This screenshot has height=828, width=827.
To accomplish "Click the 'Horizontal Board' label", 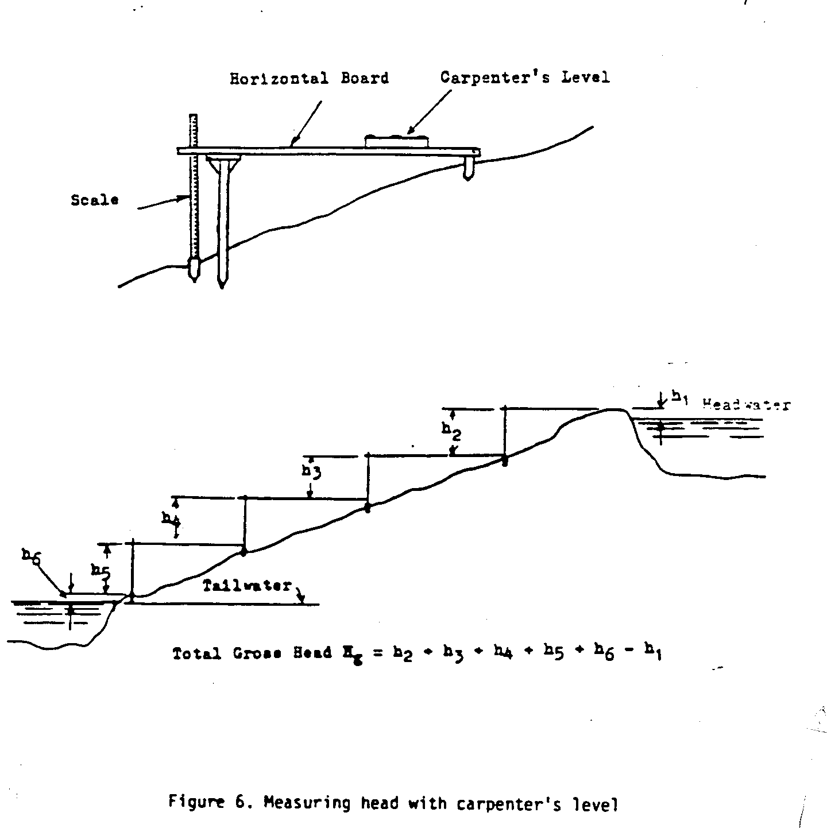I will [309, 79].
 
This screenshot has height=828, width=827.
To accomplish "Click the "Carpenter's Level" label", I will [524, 77].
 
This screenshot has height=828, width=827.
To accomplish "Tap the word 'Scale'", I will [95, 200].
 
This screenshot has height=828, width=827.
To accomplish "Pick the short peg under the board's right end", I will [469, 170].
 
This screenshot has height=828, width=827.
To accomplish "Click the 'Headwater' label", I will [746, 405].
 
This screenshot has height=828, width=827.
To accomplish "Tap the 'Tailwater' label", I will [248, 587].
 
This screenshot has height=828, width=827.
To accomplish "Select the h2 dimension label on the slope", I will [450, 430].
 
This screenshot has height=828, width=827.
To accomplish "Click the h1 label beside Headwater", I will [680, 397].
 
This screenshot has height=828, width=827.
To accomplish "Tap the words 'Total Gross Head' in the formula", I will [252, 653].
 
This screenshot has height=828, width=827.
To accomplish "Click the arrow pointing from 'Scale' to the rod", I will [164, 203].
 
